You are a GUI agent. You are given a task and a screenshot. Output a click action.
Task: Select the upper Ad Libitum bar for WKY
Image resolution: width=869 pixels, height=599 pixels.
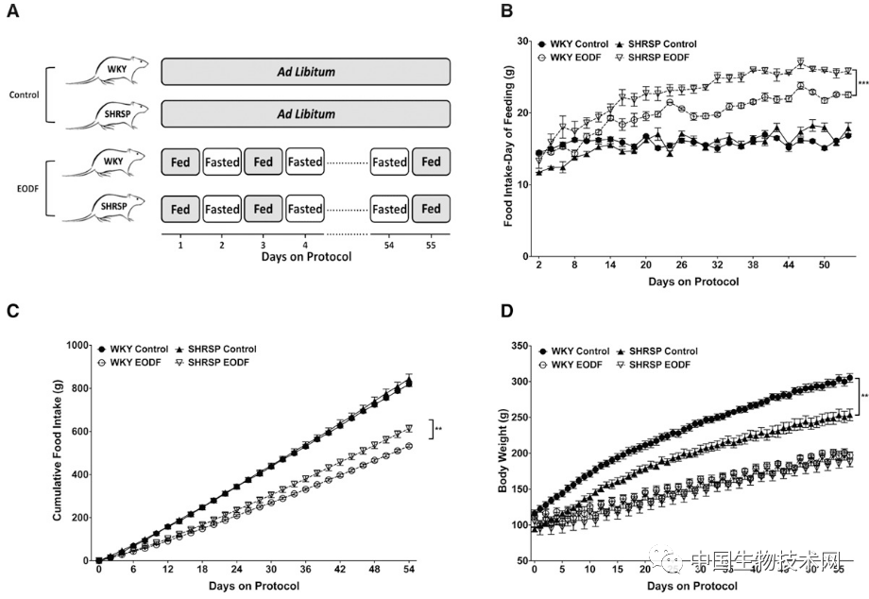(305, 72)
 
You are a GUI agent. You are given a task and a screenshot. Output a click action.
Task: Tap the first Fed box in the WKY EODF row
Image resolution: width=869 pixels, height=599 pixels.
(180, 162)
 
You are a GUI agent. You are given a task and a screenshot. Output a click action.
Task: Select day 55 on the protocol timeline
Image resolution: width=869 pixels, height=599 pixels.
(431, 244)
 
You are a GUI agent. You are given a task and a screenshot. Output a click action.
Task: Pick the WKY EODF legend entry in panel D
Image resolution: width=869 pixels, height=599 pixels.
(574, 364)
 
